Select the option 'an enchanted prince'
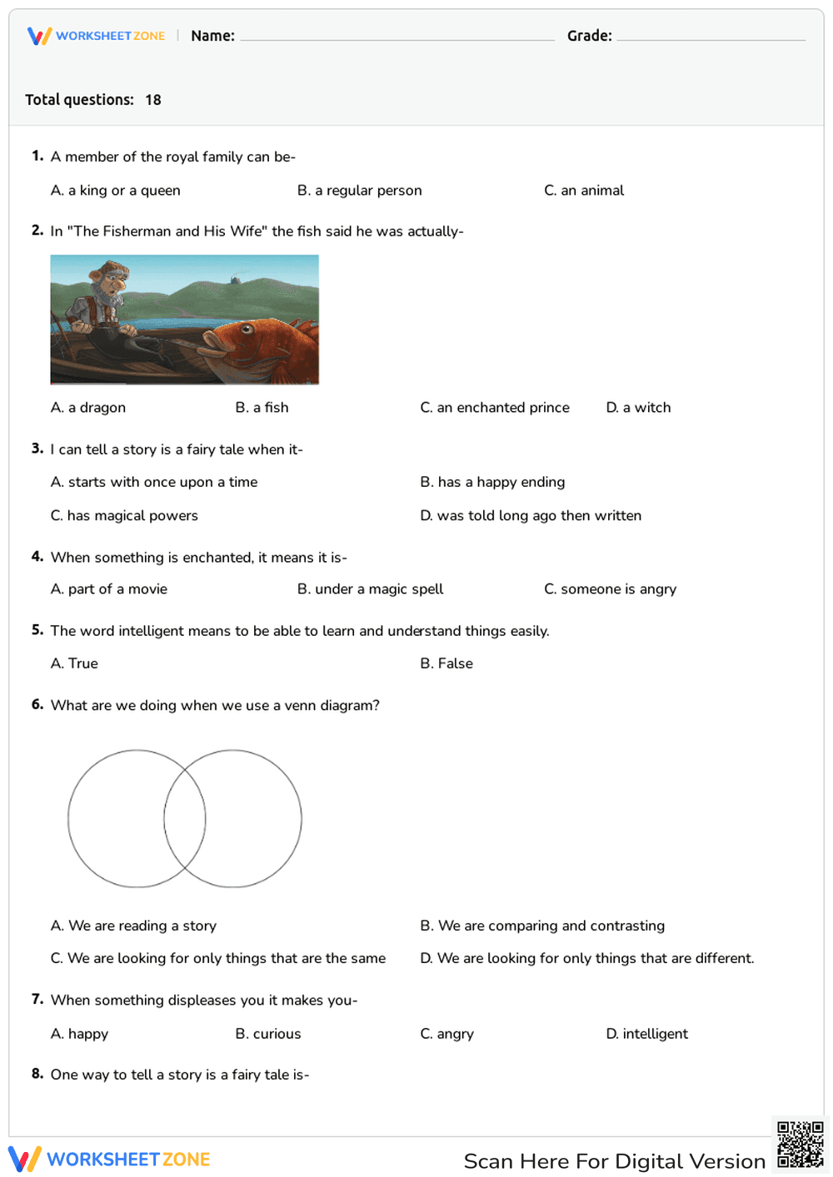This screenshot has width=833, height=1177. [x=495, y=408]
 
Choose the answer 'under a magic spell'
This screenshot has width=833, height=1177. [x=370, y=589]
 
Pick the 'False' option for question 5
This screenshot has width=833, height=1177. [x=446, y=663]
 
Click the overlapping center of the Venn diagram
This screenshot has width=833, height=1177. [x=185, y=819]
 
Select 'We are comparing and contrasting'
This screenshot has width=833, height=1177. [x=542, y=926]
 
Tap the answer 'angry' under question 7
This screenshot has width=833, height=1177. [x=447, y=1034]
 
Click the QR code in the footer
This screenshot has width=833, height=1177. [x=801, y=1145]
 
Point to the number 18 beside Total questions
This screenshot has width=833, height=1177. [x=153, y=100]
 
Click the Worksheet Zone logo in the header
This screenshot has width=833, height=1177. [x=97, y=36]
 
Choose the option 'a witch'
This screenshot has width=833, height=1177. [x=638, y=408]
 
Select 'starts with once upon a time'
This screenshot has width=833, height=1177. [x=154, y=482]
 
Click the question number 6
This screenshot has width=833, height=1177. [x=37, y=705]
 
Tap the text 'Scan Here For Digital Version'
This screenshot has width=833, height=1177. [x=614, y=1161]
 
